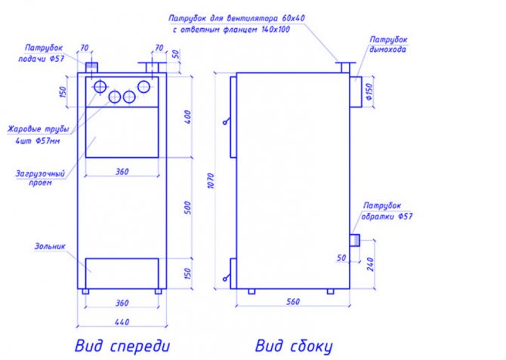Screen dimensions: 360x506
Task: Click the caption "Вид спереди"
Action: (x=122, y=346)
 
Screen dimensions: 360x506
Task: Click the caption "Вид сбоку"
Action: (x=293, y=346)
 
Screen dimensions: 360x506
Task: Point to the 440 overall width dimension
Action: (x=122, y=322)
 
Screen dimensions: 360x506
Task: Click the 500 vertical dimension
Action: (x=188, y=207)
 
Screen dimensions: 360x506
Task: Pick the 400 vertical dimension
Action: (x=188, y=117)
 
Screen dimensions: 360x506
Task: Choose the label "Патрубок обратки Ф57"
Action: (x=387, y=211)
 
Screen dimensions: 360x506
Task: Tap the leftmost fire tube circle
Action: (x=100, y=88)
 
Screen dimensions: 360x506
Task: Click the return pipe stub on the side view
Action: (x=353, y=240)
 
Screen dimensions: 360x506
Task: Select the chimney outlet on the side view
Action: (x=356, y=91)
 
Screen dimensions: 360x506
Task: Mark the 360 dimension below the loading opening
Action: (x=122, y=171)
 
